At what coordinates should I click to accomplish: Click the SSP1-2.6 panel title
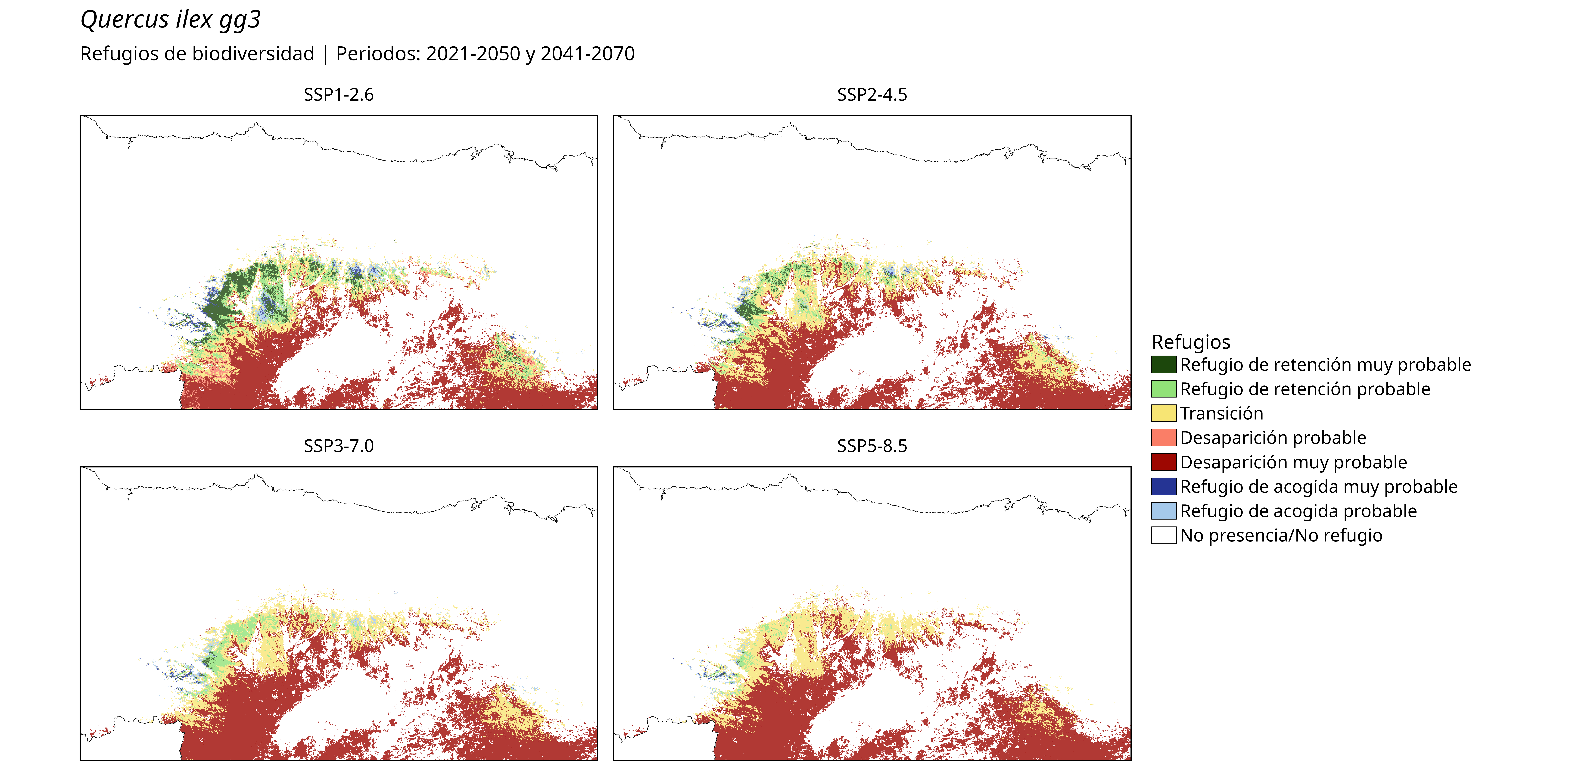[338, 95]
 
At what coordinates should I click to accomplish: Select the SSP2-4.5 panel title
[872, 95]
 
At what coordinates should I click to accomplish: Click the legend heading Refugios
[1191, 342]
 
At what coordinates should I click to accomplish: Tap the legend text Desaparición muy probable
[1293, 462]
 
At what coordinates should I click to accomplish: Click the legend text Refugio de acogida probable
[1298, 511]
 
